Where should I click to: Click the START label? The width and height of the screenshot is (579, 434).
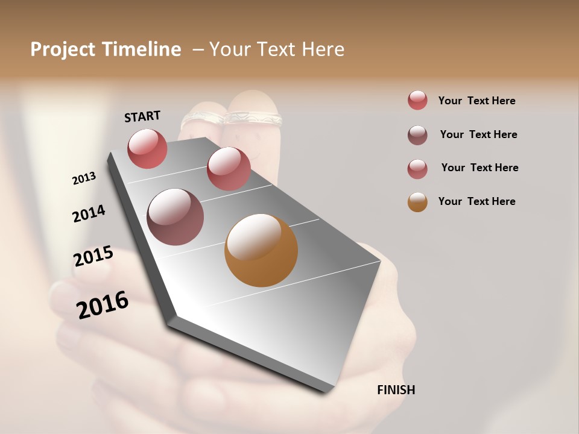[142, 116]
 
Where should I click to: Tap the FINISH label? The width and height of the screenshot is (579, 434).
[396, 390]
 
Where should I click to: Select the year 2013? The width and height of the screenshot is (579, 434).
[84, 178]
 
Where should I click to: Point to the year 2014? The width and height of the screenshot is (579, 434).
[89, 213]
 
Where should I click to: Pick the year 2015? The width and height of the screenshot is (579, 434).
[93, 256]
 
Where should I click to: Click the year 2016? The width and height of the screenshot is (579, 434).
[103, 305]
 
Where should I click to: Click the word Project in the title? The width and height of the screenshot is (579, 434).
[63, 49]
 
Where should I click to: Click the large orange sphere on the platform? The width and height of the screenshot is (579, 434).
[261, 250]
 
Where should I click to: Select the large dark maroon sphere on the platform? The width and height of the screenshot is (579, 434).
[175, 216]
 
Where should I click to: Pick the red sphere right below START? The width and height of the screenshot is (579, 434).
[147, 148]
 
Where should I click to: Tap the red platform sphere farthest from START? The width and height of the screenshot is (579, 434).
[229, 169]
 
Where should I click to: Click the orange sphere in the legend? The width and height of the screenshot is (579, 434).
[417, 202]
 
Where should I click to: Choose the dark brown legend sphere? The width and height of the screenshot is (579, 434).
[417, 135]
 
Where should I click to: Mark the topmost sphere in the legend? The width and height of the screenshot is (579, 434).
[417, 100]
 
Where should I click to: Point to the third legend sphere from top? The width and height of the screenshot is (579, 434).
[417, 169]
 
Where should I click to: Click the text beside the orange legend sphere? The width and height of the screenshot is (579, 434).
[476, 201]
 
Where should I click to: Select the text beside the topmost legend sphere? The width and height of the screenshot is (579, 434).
[476, 101]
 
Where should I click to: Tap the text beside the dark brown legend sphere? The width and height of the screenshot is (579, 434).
[478, 134]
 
